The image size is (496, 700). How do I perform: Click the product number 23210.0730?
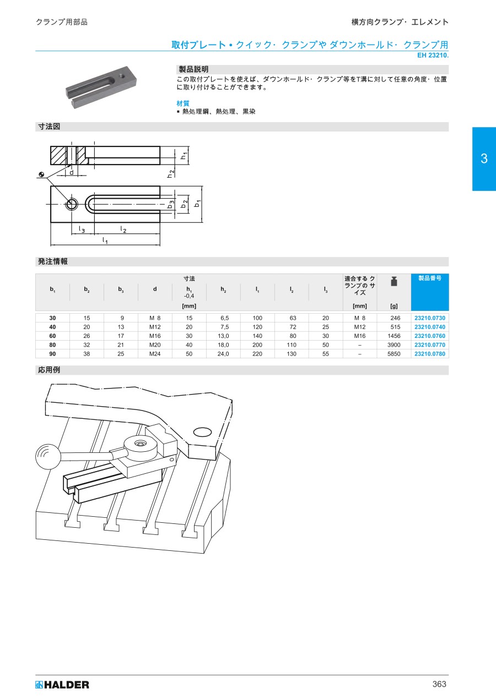[x=430, y=318]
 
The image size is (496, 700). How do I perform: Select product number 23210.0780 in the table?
[x=430, y=354]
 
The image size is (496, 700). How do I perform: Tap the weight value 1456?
[x=393, y=336]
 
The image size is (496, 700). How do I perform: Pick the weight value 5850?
[x=393, y=354]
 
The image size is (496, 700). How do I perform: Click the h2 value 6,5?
[x=224, y=318]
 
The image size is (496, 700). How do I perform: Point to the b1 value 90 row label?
[x=52, y=354]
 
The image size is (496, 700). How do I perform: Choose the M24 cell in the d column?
[x=155, y=354]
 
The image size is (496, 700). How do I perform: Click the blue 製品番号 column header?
[x=430, y=278]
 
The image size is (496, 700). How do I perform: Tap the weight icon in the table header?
[x=394, y=281]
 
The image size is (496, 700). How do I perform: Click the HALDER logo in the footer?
[x=62, y=685]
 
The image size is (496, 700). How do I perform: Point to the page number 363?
[x=439, y=684]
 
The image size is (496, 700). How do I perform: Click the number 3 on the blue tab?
[x=484, y=158]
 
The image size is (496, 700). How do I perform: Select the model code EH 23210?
[x=433, y=56]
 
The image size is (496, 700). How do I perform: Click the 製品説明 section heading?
[x=193, y=69]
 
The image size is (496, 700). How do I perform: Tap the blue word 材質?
[x=183, y=103]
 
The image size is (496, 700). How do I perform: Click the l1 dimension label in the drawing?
[x=105, y=240]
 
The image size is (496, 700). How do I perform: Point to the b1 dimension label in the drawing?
[x=197, y=204]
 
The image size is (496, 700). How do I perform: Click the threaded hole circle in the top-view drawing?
[x=72, y=204]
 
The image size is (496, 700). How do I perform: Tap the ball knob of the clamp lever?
[x=48, y=457]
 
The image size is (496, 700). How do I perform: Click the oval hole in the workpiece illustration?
[x=202, y=433]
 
